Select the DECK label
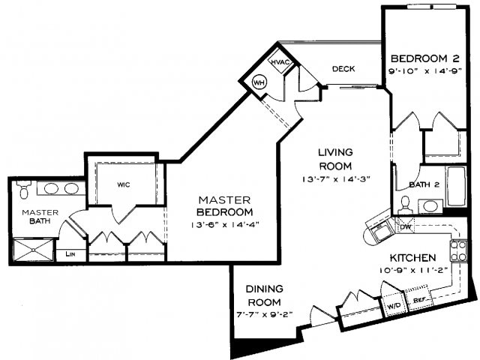[343, 69]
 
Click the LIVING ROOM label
[333, 158]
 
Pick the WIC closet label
[124, 183]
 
